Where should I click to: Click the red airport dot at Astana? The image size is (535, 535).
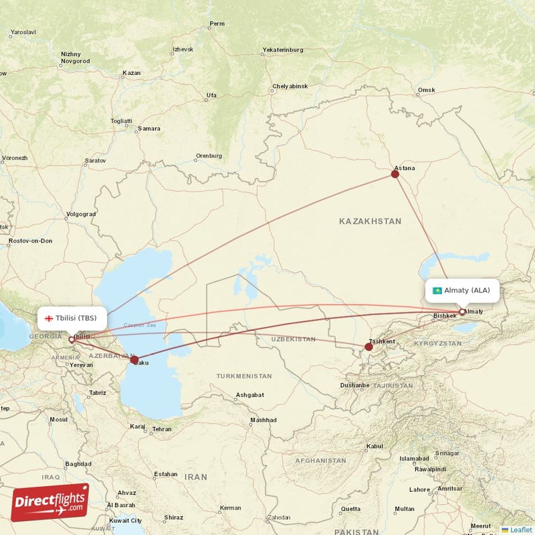[395, 174]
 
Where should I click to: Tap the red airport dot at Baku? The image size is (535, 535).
[134, 360]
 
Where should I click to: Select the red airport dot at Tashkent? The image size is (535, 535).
[368, 346]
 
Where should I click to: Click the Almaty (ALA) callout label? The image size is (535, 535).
[462, 290]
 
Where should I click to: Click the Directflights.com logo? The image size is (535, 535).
[50, 502]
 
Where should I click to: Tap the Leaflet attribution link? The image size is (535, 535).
[520, 530]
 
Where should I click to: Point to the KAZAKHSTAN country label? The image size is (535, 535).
[370, 221]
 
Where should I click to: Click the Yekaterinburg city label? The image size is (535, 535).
[283, 50]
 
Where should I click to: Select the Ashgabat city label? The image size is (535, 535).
[249, 395]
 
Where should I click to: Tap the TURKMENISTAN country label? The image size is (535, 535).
[244, 376]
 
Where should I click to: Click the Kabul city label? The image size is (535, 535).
[374, 446]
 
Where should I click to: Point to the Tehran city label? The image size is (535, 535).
[162, 429]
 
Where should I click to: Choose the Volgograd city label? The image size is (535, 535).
[81, 215]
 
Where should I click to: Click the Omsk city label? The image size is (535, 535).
[427, 90]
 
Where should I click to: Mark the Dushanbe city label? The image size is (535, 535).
[354, 385]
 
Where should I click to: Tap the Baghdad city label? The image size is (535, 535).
[78, 463]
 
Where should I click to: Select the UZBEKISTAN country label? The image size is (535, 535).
[294, 339]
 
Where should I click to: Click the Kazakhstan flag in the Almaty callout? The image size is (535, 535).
[437, 290]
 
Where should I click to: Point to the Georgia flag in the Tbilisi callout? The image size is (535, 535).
[49, 318]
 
